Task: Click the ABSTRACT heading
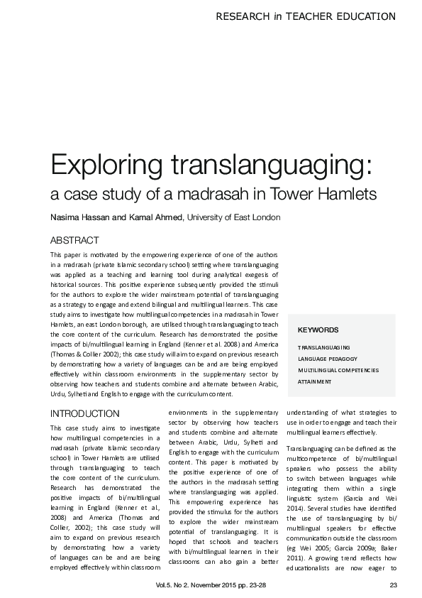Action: coord(74,241)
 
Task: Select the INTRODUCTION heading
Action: coord(84,413)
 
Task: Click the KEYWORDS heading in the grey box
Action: coord(318,330)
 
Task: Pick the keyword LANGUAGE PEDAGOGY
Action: coord(327,359)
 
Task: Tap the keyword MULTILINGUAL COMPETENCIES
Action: coord(338,371)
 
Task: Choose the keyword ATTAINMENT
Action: coord(314,381)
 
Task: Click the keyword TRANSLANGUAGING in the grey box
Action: coord(323,348)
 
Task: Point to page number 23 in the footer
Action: coord(394,585)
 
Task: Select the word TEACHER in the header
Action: coord(313,16)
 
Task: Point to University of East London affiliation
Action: coord(233,217)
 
